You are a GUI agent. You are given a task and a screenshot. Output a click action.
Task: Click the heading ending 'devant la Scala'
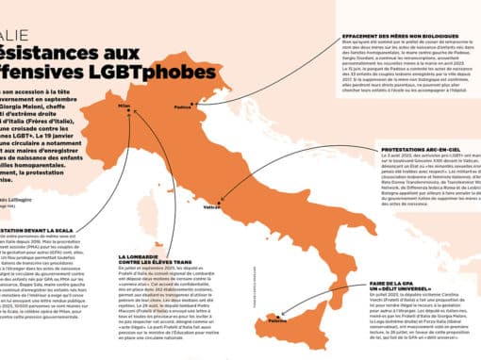(38, 229)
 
